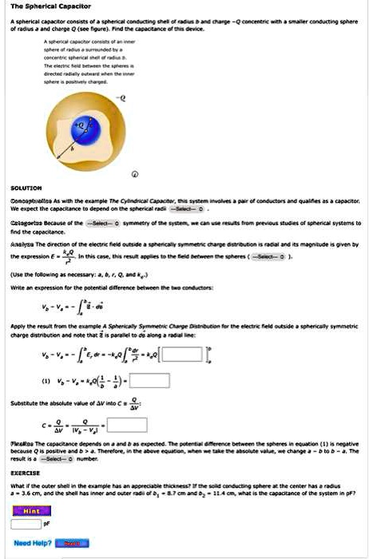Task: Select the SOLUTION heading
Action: pyautogui.click(x=19, y=190)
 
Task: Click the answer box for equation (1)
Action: pyautogui.click(x=150, y=382)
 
